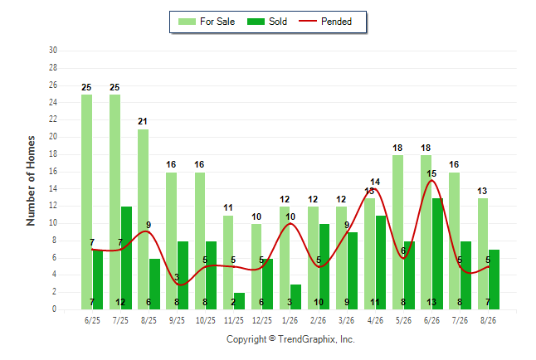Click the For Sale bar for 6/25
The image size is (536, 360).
(x=86, y=202)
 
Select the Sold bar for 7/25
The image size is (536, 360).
(x=126, y=258)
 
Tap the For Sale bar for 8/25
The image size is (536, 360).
(x=144, y=219)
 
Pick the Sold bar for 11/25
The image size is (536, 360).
(x=239, y=301)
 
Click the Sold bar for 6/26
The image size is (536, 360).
(x=437, y=254)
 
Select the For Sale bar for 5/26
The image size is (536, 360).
(x=398, y=232)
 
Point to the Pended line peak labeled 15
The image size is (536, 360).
(x=431, y=180)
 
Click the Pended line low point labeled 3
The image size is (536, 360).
(x=182, y=285)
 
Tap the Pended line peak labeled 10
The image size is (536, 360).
(x=290, y=223)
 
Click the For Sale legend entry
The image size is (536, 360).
(x=207, y=22)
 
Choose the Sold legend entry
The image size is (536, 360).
(x=267, y=22)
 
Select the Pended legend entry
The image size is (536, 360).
(x=325, y=22)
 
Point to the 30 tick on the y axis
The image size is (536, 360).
(x=53, y=51)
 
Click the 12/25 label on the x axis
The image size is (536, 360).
(x=262, y=320)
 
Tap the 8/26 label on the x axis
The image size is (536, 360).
(x=488, y=320)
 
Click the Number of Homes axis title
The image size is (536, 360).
(x=31, y=181)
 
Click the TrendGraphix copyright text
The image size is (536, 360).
(x=290, y=339)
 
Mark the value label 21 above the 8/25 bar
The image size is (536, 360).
(x=143, y=121)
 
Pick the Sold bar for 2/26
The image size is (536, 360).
(x=324, y=266)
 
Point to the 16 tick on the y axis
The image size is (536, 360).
(x=53, y=171)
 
